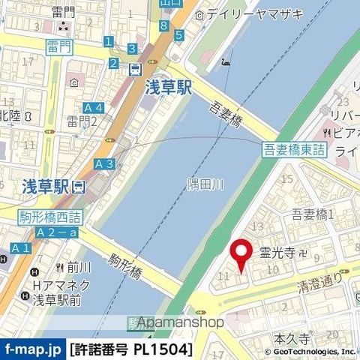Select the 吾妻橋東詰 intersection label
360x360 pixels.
(x=294, y=149)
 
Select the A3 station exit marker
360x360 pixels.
(x=104, y=163)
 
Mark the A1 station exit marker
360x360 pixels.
(x=20, y=247)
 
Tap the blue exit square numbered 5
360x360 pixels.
(x=178, y=34)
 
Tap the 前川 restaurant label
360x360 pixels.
(x=78, y=266)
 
